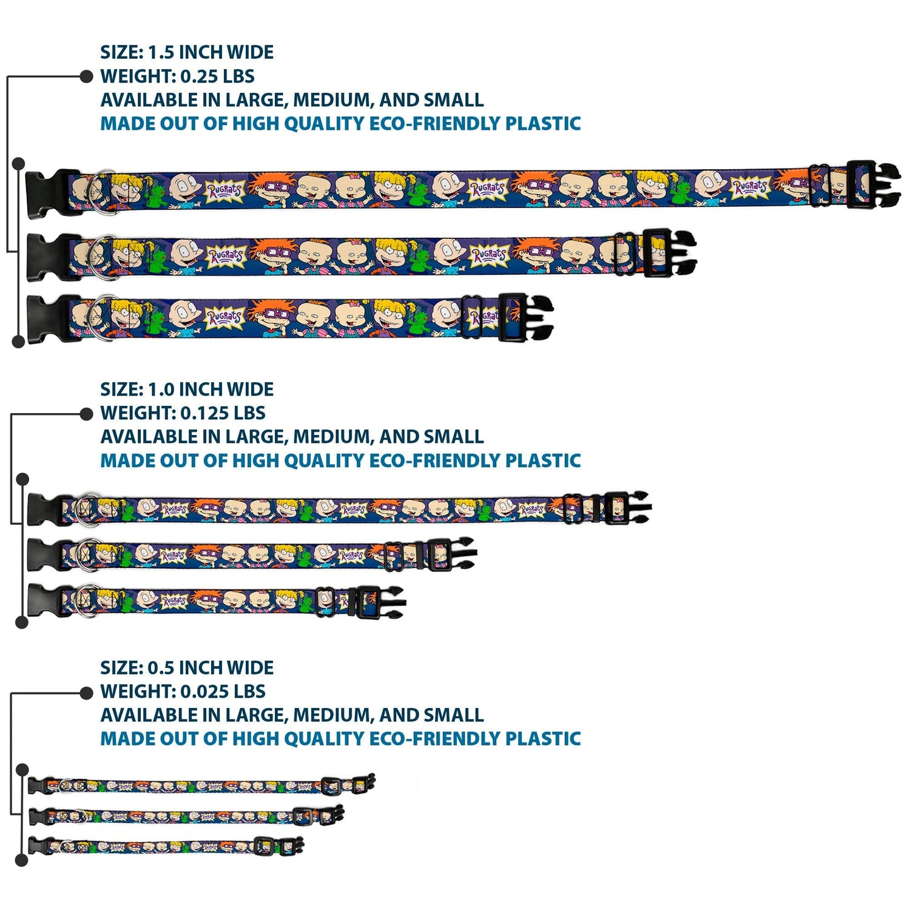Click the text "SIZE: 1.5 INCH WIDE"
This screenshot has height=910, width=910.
pos(187,52)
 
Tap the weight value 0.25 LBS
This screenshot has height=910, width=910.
pos(217,76)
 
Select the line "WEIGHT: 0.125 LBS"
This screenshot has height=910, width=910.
pos(183,413)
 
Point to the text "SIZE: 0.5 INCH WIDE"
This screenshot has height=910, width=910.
pos(187,668)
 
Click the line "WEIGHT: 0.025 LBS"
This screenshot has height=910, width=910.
pos(183,692)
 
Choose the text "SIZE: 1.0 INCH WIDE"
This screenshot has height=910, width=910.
pos(187,389)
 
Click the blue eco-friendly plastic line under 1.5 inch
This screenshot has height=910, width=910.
pos(340,124)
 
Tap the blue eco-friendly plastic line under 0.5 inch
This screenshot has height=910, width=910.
pos(340,739)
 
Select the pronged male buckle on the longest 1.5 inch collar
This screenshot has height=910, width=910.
pos(874,185)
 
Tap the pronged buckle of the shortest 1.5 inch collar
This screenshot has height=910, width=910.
pos(525,317)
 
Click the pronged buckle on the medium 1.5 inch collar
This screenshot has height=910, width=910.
pos(669,253)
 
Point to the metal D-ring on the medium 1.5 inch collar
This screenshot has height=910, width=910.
pos(101,257)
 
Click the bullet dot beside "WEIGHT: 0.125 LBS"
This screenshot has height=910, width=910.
pos(86,414)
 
